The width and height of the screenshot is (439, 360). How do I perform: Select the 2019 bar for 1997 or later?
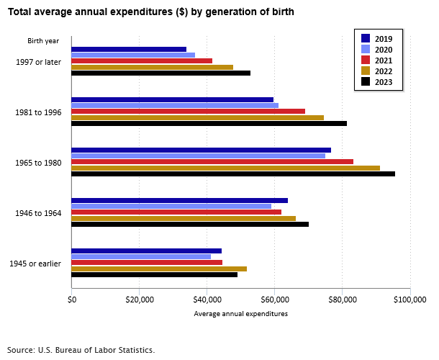[129, 49]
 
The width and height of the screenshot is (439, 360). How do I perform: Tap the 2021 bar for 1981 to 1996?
[188, 112]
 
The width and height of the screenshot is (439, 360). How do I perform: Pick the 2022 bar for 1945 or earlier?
[159, 269]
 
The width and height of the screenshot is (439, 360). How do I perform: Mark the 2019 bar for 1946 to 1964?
[179, 200]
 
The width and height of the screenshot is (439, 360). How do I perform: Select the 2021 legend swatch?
[366, 60]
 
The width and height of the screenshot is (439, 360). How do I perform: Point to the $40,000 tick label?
[207, 299]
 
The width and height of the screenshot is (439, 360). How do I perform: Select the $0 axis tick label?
[72, 299]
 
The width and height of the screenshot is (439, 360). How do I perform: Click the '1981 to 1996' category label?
[38, 112]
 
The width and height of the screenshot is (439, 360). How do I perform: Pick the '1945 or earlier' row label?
[35, 264]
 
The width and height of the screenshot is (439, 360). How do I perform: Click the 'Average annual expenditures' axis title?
[240, 314]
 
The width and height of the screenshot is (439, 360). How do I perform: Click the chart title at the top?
[150, 12]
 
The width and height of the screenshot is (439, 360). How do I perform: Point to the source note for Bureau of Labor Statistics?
[81, 350]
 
